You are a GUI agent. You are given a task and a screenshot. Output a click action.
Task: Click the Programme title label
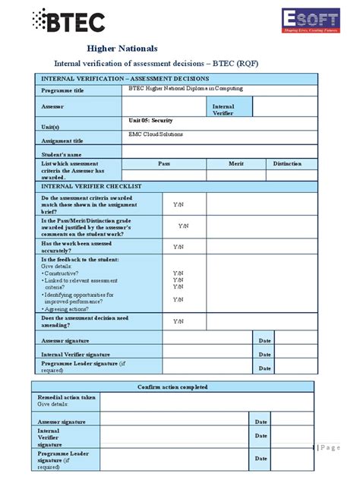coord(62,91)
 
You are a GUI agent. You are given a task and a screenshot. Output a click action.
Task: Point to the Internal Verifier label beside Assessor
coord(223,111)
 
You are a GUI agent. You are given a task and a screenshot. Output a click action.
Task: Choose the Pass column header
coord(163,163)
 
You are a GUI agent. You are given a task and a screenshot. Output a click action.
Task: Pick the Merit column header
coord(235,163)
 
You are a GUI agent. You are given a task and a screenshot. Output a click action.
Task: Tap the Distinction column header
coord(287,163)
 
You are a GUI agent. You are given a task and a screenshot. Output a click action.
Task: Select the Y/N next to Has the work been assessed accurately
coord(178,247)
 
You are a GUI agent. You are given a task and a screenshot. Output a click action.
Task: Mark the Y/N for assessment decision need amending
coord(178,321)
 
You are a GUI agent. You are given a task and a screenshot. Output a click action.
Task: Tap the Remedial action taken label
coord(67,397)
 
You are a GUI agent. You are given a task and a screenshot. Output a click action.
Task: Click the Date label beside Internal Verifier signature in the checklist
coord(264,354)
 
